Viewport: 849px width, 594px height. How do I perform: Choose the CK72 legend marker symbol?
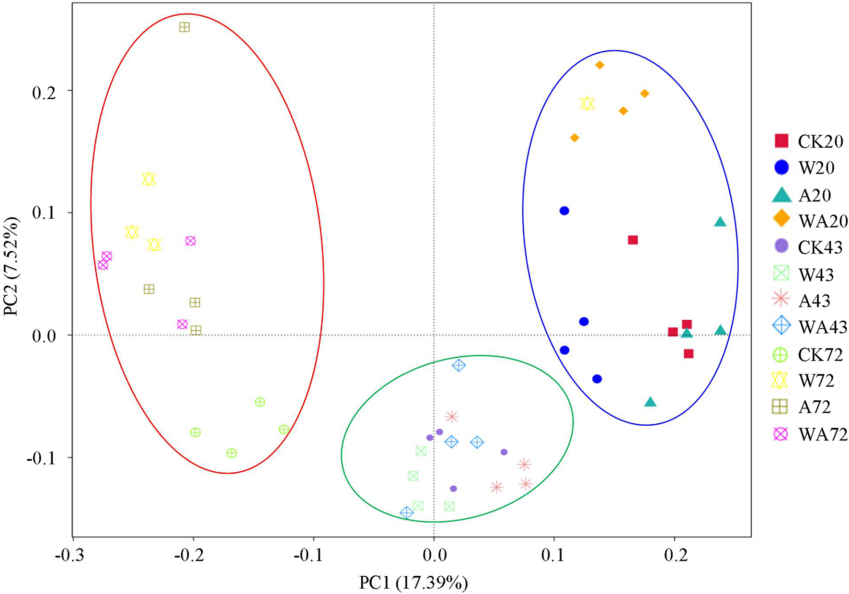click(x=781, y=355)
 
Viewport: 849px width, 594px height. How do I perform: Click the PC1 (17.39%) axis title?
click(x=413, y=582)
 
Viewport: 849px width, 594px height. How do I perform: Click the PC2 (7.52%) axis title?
click(x=11, y=267)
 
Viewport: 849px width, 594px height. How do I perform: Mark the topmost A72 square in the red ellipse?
click(x=184, y=27)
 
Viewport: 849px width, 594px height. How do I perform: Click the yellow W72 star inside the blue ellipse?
click(x=587, y=104)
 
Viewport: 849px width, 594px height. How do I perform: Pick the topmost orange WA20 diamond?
click(x=599, y=65)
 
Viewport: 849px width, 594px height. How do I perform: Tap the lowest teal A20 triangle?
click(x=650, y=402)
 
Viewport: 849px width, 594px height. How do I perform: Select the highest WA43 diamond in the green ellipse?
click(x=459, y=365)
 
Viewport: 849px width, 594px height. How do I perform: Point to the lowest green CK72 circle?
click(x=231, y=453)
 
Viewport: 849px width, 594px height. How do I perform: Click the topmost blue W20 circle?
click(x=564, y=211)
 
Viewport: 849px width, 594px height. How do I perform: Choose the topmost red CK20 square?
click(x=633, y=240)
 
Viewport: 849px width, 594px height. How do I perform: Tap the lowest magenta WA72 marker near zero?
click(x=182, y=324)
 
